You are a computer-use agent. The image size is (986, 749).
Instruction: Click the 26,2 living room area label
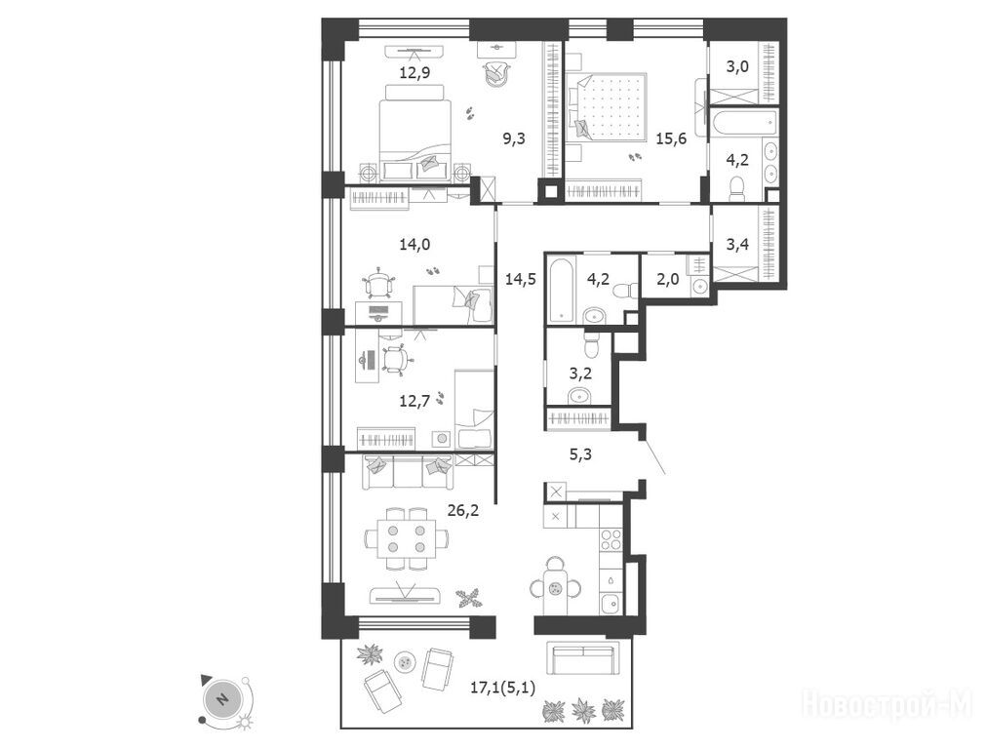(x=463, y=510)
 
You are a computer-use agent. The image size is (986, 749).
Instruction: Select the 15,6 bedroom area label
(x=671, y=139)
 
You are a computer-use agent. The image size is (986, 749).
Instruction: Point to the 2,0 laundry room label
(x=668, y=279)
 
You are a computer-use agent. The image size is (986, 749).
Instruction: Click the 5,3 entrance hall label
(x=580, y=454)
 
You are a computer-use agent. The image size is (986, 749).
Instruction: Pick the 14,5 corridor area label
(x=521, y=279)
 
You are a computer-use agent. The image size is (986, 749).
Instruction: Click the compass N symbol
(x=221, y=699)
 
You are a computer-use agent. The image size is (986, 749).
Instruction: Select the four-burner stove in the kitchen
(x=611, y=539)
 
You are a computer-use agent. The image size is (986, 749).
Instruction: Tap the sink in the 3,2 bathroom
(x=578, y=396)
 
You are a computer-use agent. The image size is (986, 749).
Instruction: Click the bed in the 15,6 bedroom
(x=608, y=105)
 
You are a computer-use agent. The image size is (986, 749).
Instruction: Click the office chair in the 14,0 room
(x=379, y=284)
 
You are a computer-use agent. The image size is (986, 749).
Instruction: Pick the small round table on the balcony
(x=405, y=661)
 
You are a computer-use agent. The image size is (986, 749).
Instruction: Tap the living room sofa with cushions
(x=408, y=472)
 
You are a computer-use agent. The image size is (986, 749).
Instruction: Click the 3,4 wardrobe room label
(x=737, y=244)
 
